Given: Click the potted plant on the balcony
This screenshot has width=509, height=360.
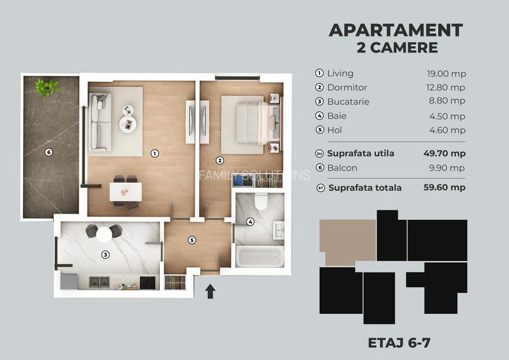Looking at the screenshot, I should click(x=47, y=87).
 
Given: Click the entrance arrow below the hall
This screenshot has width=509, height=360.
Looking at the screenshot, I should click(x=210, y=292).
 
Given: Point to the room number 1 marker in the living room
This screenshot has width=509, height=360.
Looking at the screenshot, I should click(x=154, y=153).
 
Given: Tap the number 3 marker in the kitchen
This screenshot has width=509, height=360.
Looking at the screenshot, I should click(x=105, y=254).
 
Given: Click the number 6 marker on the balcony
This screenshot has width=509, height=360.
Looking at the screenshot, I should click(x=48, y=152).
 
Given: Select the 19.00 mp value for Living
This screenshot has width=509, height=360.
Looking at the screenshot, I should click(x=446, y=74).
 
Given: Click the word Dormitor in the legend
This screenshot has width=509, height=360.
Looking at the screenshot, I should click(x=347, y=88).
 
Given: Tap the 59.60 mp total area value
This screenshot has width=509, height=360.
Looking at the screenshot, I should click(x=446, y=187).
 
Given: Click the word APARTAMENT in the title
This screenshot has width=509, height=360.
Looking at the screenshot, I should click(x=395, y=30).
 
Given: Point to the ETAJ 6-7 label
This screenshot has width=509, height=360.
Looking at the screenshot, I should click(x=399, y=342).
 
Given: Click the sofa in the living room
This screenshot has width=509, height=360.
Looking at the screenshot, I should click(x=100, y=121).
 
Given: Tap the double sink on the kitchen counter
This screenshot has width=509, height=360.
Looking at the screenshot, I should click(x=99, y=281).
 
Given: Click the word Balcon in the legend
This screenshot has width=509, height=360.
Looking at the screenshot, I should click(x=342, y=168).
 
